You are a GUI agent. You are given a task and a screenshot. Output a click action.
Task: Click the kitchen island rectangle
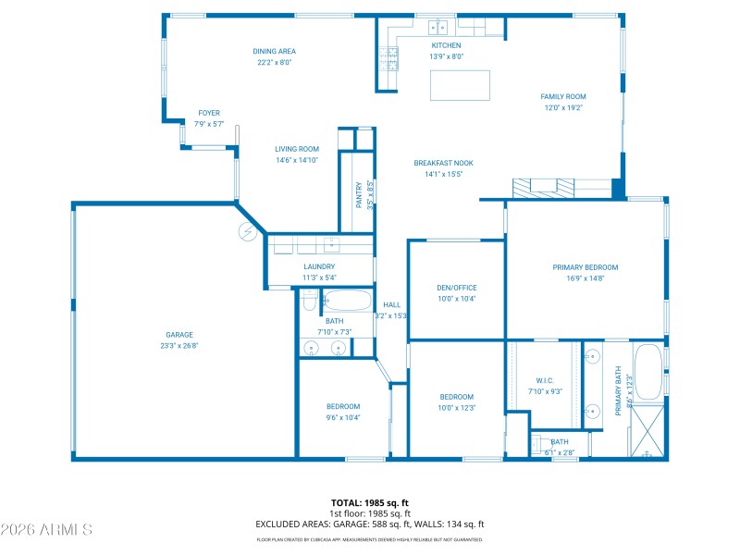point(459,84)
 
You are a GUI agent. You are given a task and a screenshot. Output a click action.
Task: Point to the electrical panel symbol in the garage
point(248,231)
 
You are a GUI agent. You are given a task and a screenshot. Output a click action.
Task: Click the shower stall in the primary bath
point(647,429)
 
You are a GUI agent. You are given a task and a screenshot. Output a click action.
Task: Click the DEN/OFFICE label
point(456,288)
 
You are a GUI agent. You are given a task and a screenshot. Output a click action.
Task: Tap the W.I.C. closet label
point(545,380)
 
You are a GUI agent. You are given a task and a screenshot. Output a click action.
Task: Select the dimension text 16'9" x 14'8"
point(585,277)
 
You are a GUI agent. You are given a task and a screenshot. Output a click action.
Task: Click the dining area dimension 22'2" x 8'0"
point(274,63)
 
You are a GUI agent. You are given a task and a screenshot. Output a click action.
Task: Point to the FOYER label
point(209,113)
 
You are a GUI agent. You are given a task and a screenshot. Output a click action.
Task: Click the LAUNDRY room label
point(318,266)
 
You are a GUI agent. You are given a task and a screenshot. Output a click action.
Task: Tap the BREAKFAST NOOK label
point(443,163)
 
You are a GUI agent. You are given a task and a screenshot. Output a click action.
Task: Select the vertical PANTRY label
point(359,193)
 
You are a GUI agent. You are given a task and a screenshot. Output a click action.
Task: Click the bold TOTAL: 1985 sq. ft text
point(370,503)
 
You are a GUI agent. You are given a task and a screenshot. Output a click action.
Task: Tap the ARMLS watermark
point(46,530)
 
